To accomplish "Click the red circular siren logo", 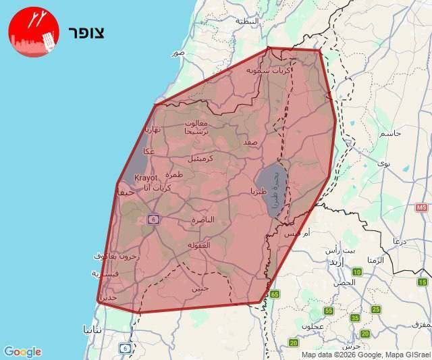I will tap(34, 32).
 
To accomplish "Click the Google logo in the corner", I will tap(22, 352).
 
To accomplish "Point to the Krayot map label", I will tap(146, 178).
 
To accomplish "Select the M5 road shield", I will tap(423, 207).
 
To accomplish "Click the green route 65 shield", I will tap(275, 294).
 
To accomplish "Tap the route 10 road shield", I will tap(357, 272).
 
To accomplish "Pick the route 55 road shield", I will tap(329, 311).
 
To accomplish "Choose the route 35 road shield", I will tap(355, 317).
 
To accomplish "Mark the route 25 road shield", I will tap(376, 309).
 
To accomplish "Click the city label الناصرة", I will tap(202, 220).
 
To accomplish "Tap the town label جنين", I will tap(200, 288).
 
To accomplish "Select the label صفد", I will tap(250, 143).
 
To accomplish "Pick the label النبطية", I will tap(247, 21).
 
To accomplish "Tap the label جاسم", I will tap(392, 133).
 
